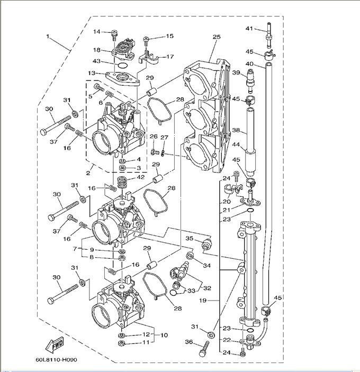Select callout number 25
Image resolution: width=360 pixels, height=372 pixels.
[x=216, y=37]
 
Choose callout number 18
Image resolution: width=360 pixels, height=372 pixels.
[x=97, y=50]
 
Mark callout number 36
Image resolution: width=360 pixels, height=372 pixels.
[x=188, y=342]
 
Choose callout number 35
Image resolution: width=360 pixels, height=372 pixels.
[x=189, y=239]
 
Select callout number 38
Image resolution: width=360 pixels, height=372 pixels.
[x=236, y=130]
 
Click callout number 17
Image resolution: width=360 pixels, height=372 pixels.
[x=170, y=57]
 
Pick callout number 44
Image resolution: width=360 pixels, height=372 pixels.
[x=236, y=144]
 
